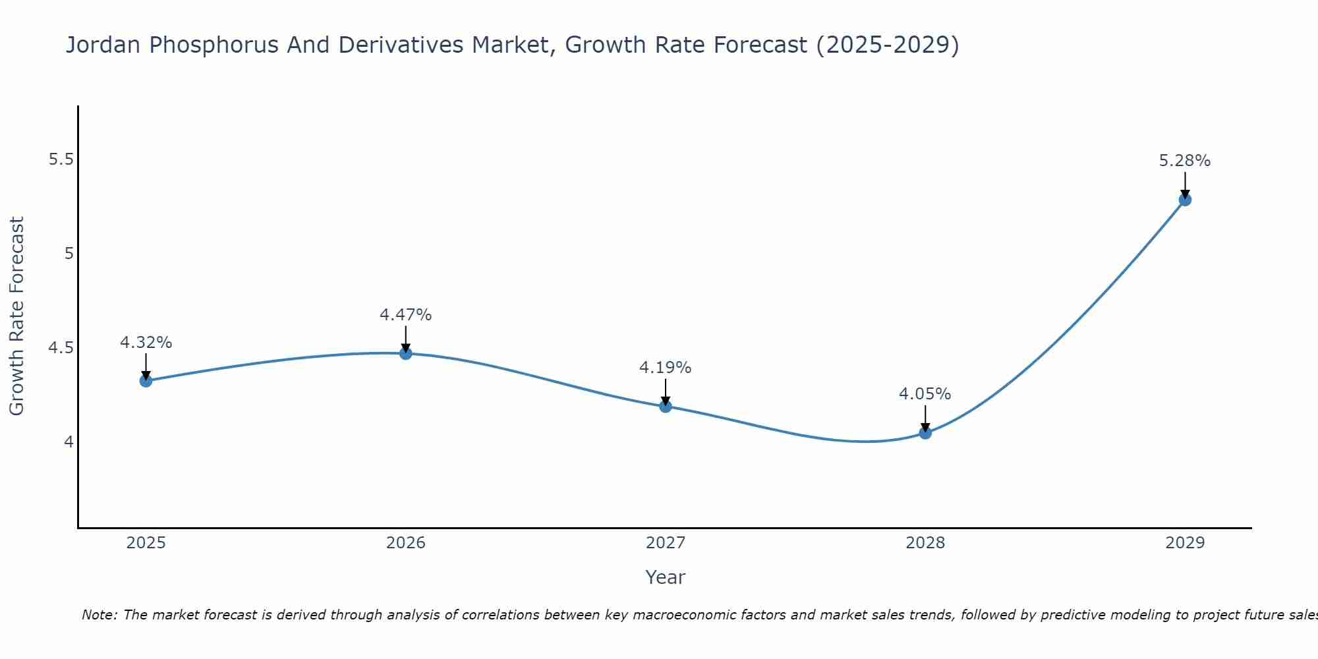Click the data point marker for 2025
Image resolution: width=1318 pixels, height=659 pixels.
click(x=146, y=381)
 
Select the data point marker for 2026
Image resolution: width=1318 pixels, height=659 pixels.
click(x=405, y=353)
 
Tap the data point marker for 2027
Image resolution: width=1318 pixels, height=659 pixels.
click(x=666, y=406)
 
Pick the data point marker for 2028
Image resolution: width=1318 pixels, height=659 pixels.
click(x=925, y=433)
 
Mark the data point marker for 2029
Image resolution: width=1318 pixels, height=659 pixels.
click(x=1185, y=200)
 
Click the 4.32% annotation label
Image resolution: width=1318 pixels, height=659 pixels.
click(x=146, y=343)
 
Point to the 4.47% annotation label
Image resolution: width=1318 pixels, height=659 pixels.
click(x=405, y=315)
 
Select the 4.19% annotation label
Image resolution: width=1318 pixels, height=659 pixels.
click(x=666, y=368)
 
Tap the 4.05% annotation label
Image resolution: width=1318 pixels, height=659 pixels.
click(x=925, y=394)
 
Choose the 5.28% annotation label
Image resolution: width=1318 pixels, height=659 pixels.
click(x=1185, y=161)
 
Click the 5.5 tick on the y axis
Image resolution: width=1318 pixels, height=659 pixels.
click(x=61, y=159)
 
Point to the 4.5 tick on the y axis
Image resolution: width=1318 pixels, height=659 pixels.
click(x=61, y=347)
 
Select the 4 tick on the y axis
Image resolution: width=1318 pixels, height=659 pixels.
click(x=69, y=442)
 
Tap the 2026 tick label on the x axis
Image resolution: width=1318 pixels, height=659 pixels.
click(x=405, y=543)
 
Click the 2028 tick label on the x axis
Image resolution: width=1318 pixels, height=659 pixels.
click(x=925, y=543)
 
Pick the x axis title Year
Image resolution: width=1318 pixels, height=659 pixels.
click(x=666, y=577)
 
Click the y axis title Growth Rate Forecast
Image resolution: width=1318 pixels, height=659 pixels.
click(x=16, y=316)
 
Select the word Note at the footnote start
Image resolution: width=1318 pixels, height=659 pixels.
click(x=99, y=615)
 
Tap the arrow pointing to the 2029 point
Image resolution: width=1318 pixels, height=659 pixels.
click(x=1185, y=185)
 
